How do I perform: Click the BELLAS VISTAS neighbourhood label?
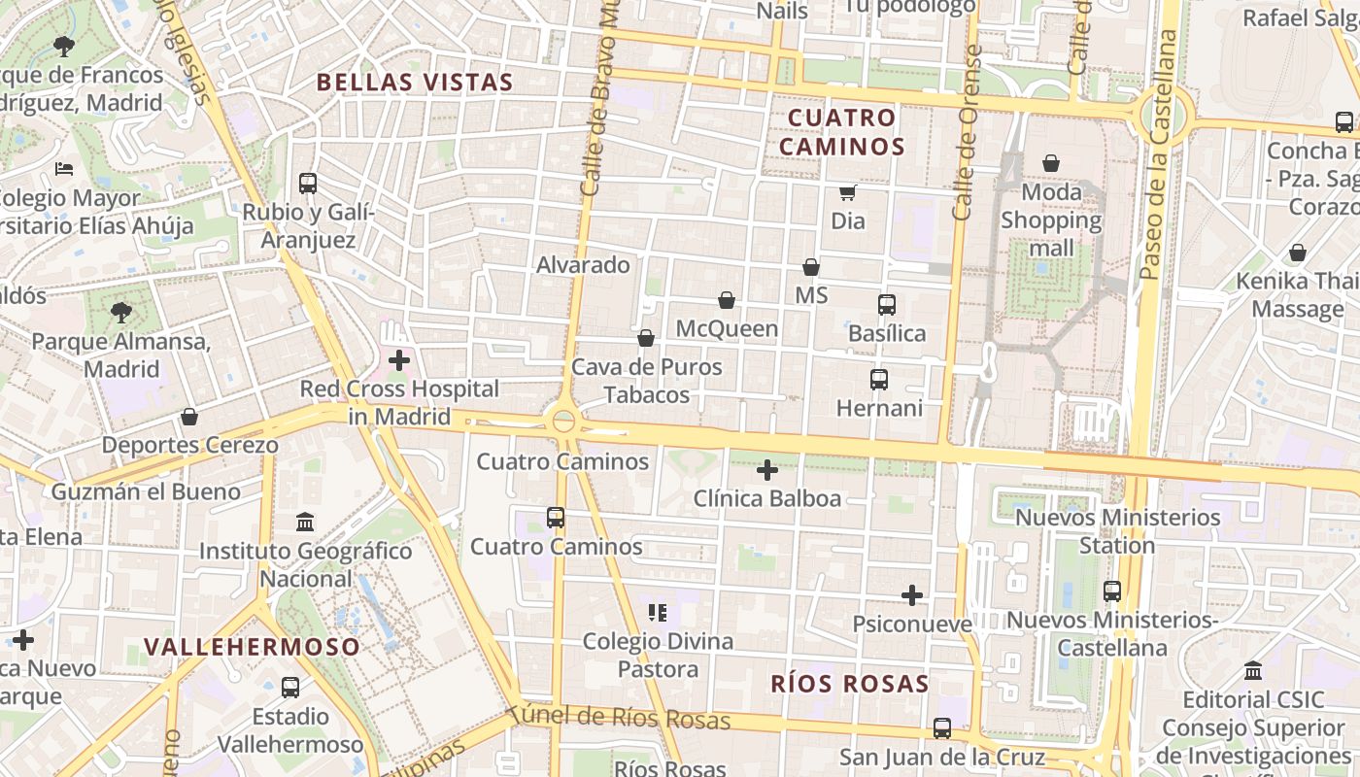pos(415,83)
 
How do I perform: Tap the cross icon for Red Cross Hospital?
pos(398,360)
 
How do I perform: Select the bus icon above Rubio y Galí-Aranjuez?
pos(308,183)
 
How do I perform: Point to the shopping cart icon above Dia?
pos(847,192)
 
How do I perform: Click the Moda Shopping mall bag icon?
pos(1051,163)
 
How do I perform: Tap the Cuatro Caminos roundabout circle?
pos(563,422)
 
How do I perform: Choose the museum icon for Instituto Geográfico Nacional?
pos(305,523)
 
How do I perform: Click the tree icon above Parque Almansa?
pos(121,313)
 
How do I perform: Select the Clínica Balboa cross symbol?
pos(767,471)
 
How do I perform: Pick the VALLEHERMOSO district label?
pos(252,646)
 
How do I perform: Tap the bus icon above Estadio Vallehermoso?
pos(289,688)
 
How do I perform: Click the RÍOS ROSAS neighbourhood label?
pos(850,684)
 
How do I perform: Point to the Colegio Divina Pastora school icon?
pos(658,613)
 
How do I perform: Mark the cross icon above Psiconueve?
pos(912,595)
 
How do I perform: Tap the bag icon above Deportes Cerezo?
pos(189,417)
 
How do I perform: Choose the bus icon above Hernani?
pos(879,379)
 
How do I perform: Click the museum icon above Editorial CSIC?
pos(1253,671)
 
